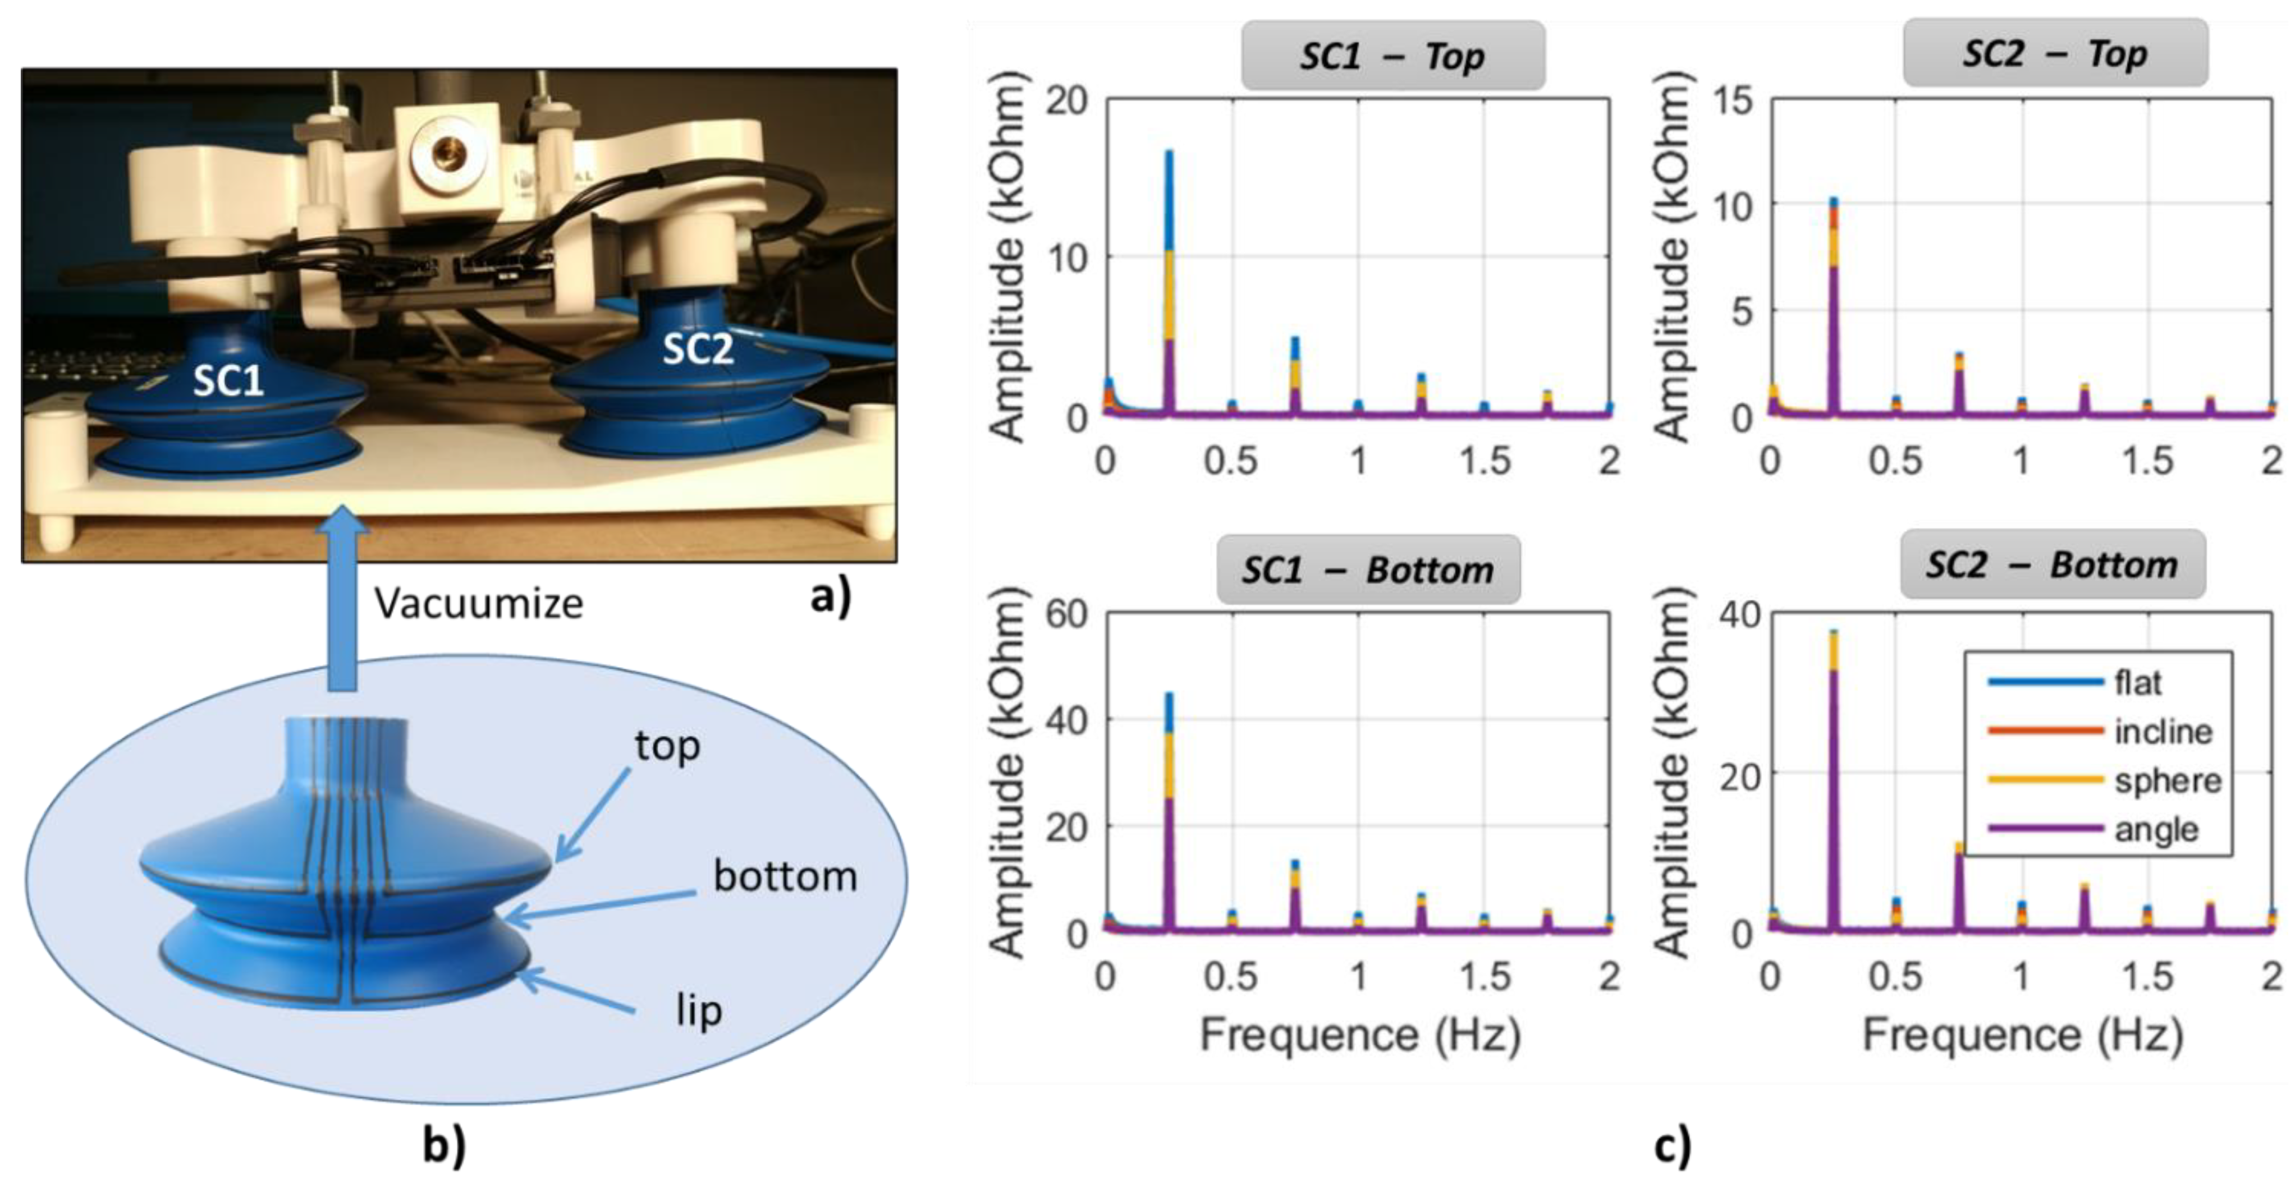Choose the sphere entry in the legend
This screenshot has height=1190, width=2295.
click(x=2166, y=781)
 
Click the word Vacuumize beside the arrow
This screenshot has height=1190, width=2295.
click(x=478, y=604)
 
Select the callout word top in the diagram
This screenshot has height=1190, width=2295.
click(x=667, y=746)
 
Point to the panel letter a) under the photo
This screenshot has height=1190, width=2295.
click(x=830, y=598)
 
